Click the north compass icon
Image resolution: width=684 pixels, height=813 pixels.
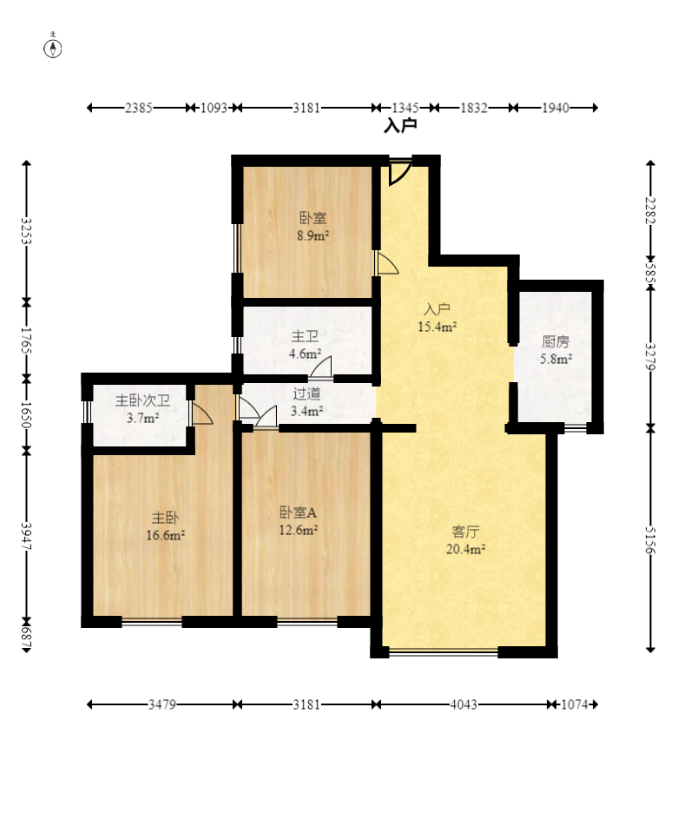pos(52,47)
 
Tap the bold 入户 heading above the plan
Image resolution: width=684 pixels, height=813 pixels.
pos(400,125)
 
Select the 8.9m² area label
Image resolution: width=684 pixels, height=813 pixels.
pos(313,235)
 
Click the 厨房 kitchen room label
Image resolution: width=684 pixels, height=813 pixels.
pos(556,341)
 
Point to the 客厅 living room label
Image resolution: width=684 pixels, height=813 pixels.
pos(465,532)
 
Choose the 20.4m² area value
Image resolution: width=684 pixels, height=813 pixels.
pos(465,549)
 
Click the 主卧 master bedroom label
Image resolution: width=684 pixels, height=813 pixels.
pos(165,518)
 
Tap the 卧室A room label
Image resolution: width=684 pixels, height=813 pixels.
pos(298,512)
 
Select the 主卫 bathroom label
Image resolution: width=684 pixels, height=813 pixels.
pos(305,336)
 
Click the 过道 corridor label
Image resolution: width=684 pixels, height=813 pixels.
pos(306,393)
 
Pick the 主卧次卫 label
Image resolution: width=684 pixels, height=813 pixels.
pos(142,400)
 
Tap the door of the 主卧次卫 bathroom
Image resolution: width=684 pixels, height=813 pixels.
pos(201,413)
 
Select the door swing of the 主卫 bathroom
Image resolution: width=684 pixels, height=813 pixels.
pos(321,367)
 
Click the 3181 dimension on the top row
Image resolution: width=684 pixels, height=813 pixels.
pos(306,108)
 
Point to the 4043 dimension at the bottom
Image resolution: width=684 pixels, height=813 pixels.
pos(464,704)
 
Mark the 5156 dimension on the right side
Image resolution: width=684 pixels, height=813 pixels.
pos(650,539)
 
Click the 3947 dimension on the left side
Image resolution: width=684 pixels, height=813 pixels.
pos(26,536)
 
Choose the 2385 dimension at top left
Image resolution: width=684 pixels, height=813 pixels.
pos(139,108)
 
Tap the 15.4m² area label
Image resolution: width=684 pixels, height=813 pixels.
pos(437,327)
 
